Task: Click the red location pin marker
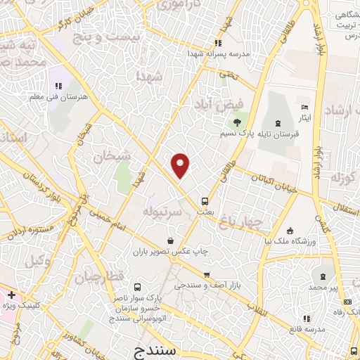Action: [x=181, y=165]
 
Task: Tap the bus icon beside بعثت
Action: [x=205, y=200]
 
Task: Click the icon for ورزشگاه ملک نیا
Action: [x=290, y=231]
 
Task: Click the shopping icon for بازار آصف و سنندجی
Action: [x=206, y=274]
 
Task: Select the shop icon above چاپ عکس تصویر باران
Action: [x=171, y=240]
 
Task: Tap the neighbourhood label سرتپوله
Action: [x=162, y=210]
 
